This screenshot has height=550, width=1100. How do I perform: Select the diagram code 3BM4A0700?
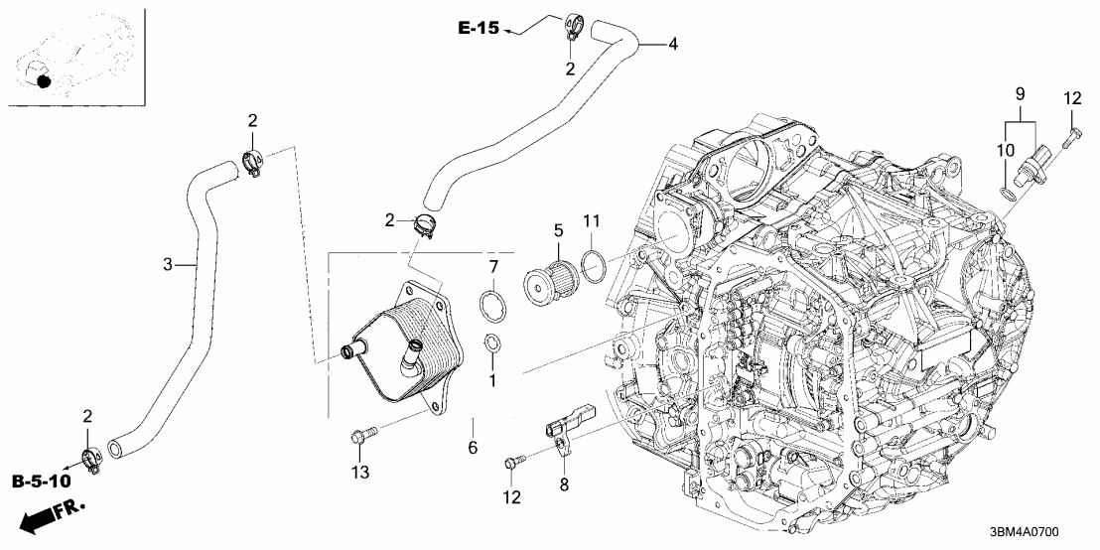[x=1036, y=532]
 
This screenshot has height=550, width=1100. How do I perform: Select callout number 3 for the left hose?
[x=168, y=264]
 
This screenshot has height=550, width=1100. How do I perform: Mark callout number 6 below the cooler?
[x=473, y=448]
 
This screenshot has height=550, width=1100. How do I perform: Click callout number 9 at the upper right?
[x=1018, y=94]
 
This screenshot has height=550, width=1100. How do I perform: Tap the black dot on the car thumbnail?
[x=44, y=80]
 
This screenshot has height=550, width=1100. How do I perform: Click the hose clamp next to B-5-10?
[x=91, y=458]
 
